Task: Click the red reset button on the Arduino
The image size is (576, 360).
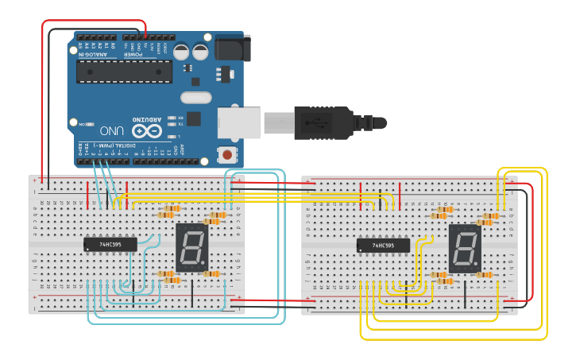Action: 228,154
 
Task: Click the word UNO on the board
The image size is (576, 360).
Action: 111,130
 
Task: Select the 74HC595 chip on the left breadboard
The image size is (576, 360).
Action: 110,245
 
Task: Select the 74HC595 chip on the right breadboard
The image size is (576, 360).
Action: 383,246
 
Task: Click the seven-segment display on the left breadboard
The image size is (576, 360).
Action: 191,247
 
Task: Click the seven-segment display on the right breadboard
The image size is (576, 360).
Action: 465,248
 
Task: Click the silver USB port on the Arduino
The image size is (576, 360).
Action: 238,122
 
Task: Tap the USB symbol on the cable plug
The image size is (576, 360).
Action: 316,123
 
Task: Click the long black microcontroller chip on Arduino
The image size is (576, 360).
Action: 124,72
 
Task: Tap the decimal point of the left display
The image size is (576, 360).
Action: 203,265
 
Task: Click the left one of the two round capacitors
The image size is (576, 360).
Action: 182,52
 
